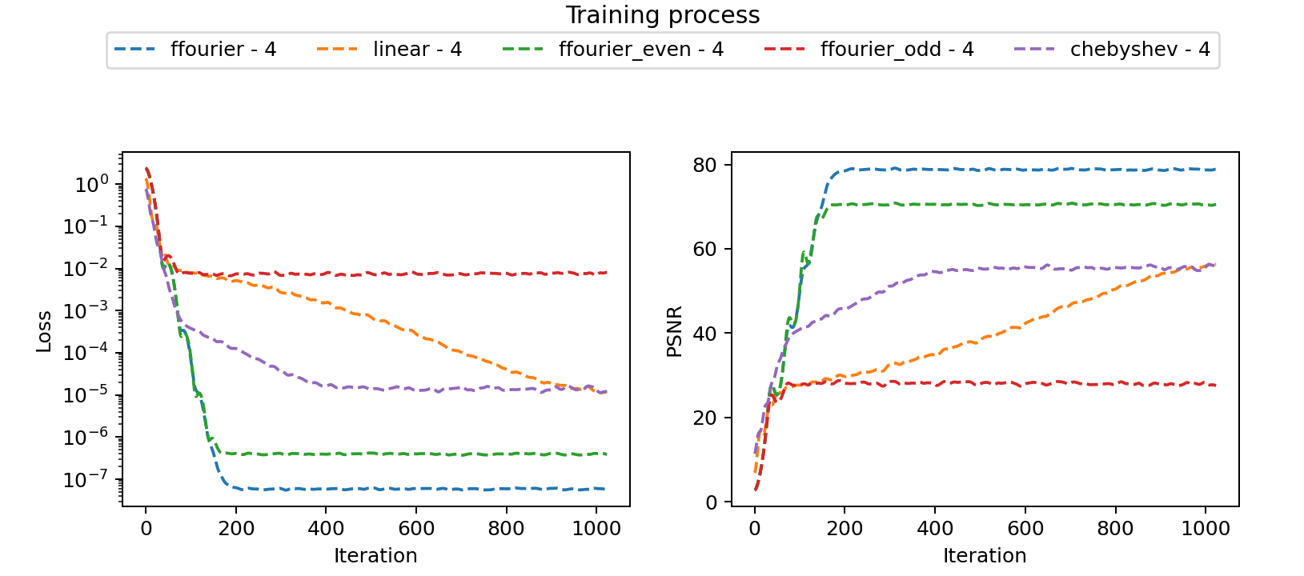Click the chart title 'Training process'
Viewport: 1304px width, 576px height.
(662, 15)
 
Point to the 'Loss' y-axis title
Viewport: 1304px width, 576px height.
(44, 330)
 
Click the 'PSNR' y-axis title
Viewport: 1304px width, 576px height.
(675, 330)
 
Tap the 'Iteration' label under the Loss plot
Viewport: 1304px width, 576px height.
(375, 556)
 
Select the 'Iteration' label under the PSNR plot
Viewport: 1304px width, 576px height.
(985, 556)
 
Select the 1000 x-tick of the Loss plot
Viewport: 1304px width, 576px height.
(596, 529)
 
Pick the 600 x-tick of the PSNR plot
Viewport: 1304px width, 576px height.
(1025, 529)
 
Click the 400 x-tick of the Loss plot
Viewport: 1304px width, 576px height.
(326, 529)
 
